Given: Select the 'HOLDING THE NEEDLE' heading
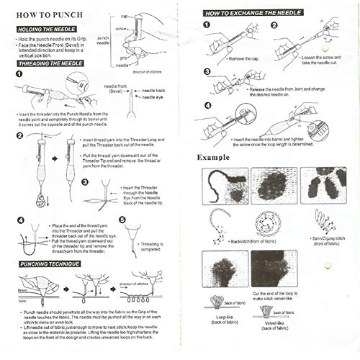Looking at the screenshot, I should (x=45, y=29).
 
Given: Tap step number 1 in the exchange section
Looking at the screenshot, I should (x=206, y=24).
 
